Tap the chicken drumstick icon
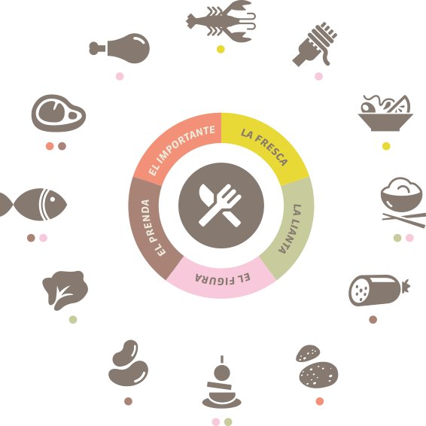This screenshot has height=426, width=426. coord(120,48)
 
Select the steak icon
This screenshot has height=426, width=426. coord(59,113)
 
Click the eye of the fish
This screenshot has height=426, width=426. coord(53,199)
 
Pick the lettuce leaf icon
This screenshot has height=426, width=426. coord(65,291)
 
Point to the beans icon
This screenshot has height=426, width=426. coord(128,363)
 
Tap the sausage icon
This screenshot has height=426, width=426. coord(379,291)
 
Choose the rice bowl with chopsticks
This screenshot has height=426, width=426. coord(403,202)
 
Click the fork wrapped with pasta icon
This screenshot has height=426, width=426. coord(315,44)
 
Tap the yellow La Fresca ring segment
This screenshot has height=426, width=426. coord(268,141)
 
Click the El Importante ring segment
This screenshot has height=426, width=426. coord(178,141)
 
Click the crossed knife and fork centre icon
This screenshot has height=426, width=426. coord(221,205)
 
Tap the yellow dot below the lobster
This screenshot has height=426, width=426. coord(221,49)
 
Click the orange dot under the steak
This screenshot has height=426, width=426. coord(50,146)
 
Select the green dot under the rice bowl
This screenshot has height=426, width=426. coord(397,238)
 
